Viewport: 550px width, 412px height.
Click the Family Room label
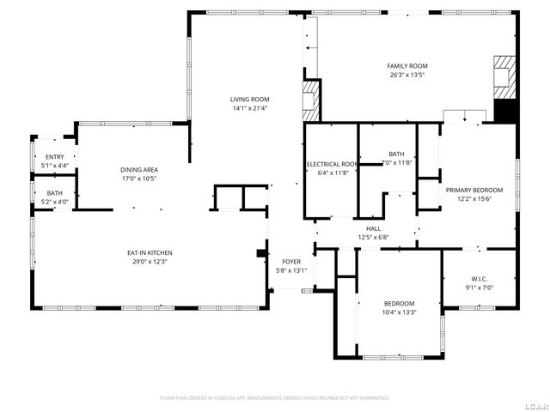tap(406, 66)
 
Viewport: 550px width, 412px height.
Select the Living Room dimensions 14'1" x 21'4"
tap(249, 108)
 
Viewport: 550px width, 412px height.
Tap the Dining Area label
tap(138, 170)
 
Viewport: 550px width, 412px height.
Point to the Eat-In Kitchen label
tap(150, 252)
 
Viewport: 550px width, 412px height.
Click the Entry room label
tap(55, 156)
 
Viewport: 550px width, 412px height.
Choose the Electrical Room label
tap(332, 164)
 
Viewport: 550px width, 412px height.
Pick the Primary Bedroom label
tap(474, 190)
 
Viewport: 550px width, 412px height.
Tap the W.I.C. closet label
tap(480, 278)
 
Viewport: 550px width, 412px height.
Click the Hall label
tap(374, 229)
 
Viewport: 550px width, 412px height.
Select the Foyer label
tap(291, 262)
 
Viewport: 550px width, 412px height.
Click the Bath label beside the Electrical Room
tap(396, 154)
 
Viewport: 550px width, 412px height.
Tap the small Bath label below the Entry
tap(55, 193)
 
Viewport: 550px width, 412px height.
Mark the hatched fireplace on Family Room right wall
tap(504, 78)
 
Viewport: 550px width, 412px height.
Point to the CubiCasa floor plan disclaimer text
tap(275, 398)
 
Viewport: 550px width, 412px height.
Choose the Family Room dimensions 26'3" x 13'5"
tap(406, 75)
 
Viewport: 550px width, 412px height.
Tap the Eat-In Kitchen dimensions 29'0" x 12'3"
tap(150, 261)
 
